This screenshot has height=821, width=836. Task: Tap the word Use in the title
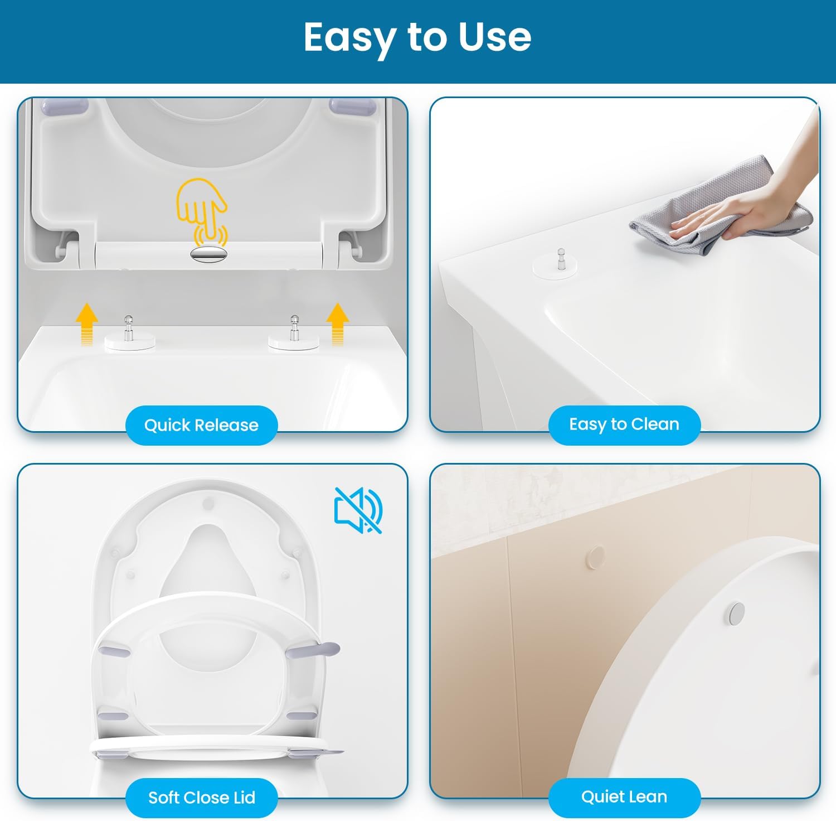coord(495,37)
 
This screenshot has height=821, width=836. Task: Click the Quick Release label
coord(201,425)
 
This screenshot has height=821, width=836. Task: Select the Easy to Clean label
coord(624,424)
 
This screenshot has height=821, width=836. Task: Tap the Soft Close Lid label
coord(201,798)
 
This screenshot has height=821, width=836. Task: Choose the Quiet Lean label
coord(624,796)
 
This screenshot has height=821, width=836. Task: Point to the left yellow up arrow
coord(86,324)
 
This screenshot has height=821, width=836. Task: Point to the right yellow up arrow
coord(337,324)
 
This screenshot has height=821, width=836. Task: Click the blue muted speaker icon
coord(358,510)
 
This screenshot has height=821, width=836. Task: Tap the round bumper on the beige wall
coord(595,557)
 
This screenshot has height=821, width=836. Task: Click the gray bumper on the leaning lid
coord(737,612)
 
